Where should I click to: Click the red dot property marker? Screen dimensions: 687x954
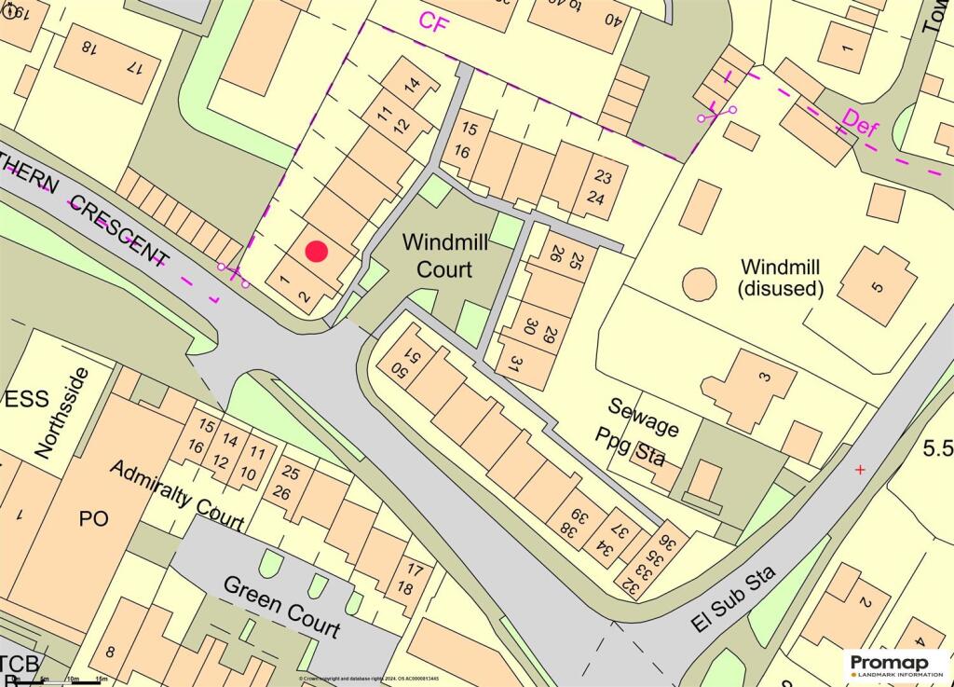point(317,252)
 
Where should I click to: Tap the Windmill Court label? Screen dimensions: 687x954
point(437,256)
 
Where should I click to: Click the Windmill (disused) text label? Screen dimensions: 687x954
point(781,277)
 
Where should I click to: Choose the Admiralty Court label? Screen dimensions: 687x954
point(176,495)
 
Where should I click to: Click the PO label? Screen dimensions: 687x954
point(94,518)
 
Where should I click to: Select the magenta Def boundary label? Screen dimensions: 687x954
point(859,123)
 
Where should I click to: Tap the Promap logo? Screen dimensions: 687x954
point(895,665)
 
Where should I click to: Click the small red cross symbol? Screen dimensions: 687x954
point(859,470)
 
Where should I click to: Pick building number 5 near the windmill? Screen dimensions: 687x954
point(876,286)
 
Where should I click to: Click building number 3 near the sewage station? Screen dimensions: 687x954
point(764,377)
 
